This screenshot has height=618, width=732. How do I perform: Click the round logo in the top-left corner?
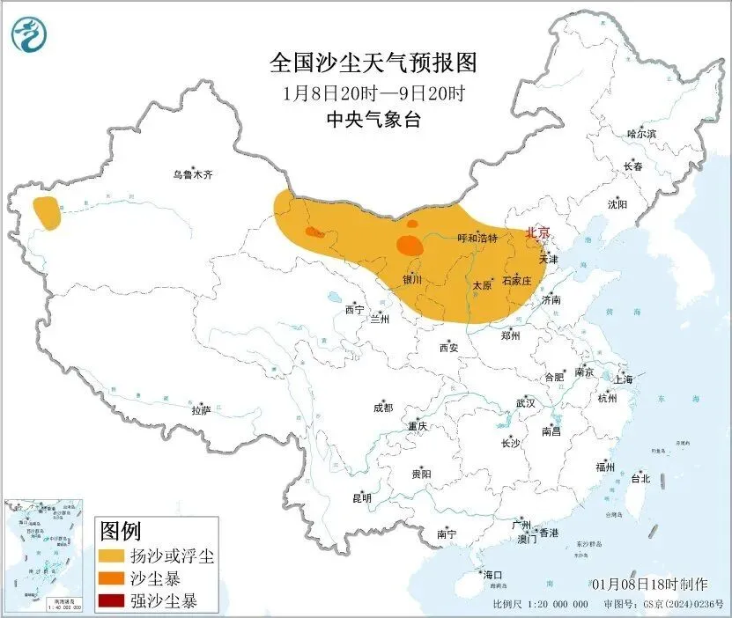(x=29, y=33)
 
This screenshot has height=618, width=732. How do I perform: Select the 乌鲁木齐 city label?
(x=193, y=175)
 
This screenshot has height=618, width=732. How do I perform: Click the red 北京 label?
(x=537, y=232)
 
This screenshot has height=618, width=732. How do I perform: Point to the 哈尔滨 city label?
(x=640, y=134)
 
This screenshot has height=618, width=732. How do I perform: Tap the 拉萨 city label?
(x=202, y=409)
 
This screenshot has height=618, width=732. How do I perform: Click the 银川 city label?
(x=412, y=280)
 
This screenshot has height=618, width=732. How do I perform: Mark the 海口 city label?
(x=492, y=575)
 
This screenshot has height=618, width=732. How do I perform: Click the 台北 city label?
(x=640, y=479)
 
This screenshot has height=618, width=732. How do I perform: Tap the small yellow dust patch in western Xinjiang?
(x=48, y=214)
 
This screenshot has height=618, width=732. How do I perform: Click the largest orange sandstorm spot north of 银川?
(x=409, y=244)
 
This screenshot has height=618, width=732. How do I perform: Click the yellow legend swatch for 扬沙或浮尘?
(x=111, y=556)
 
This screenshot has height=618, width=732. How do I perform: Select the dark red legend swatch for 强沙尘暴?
(x=111, y=602)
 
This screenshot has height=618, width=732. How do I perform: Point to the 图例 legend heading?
(x=121, y=531)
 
